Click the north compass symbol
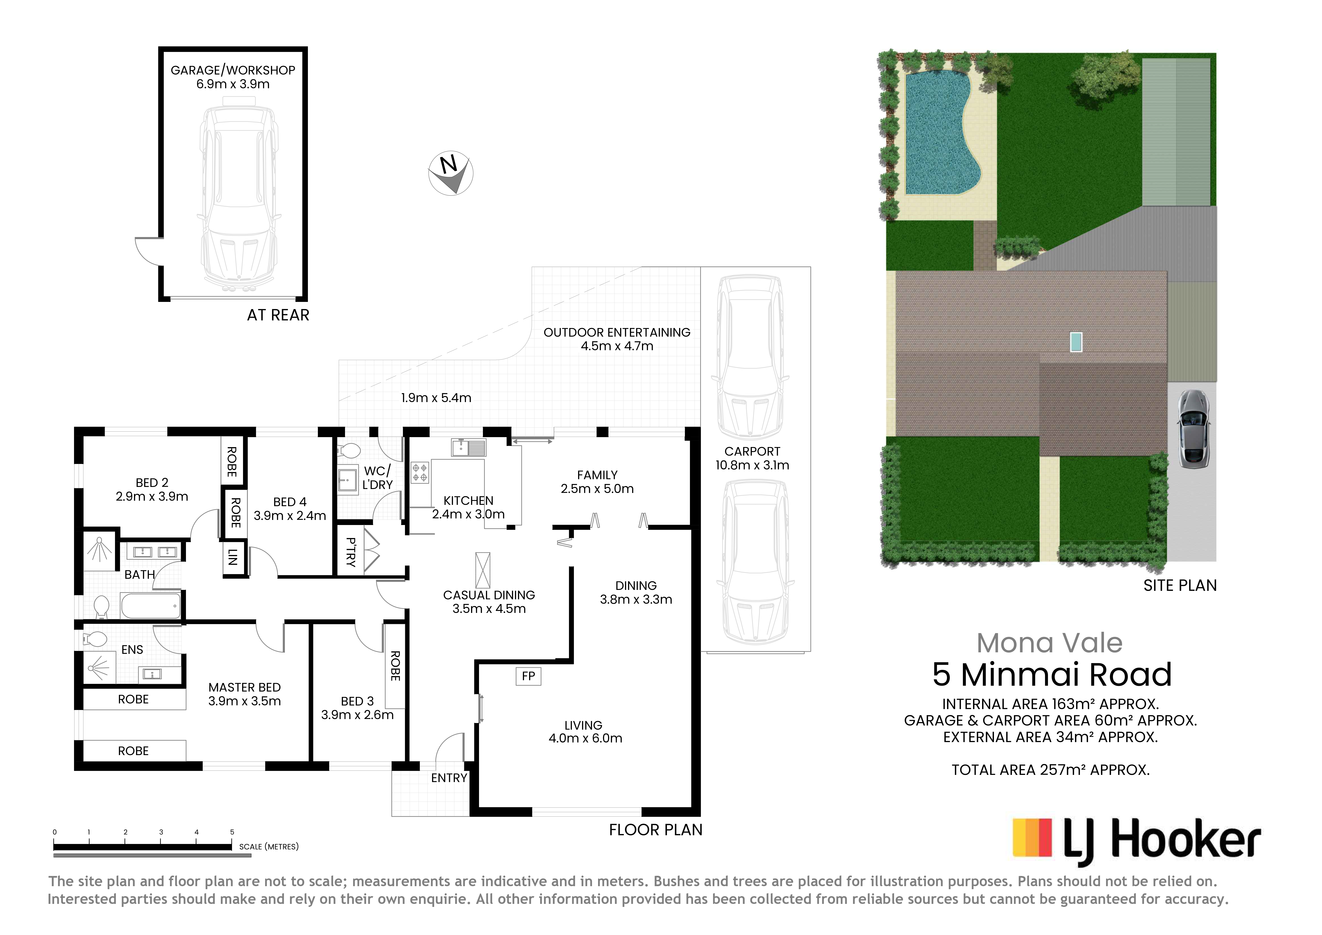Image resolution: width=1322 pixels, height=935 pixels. [451, 173]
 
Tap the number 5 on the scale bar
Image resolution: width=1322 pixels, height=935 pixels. [232, 832]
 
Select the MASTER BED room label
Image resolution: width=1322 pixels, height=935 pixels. [245, 687]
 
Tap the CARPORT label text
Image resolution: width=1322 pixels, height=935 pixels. [752, 452]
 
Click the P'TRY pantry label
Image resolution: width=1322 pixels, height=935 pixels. [351, 552]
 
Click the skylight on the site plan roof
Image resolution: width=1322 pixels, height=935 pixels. [1076, 342]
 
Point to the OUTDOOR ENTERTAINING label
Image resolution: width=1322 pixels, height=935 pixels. [617, 332]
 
